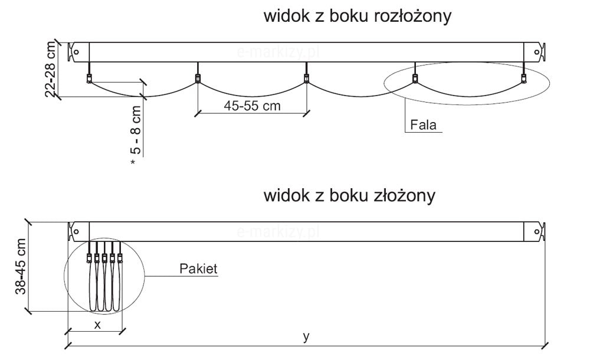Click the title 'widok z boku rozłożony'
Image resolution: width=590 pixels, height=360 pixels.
(357, 17)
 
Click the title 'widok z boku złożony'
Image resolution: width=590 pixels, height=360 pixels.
(349, 195)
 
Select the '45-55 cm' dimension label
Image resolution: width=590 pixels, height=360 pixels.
(252, 106)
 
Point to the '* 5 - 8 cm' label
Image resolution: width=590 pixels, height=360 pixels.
(136, 135)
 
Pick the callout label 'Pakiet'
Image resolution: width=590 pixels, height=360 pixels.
(198, 269)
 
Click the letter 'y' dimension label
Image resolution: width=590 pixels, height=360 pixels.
(306, 337)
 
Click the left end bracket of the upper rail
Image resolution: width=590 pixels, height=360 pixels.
(76, 51)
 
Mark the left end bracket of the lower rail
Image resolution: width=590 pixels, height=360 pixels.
(76, 231)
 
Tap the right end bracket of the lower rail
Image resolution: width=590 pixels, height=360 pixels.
(538, 231)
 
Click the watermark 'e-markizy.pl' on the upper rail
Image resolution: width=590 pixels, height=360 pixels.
(277, 52)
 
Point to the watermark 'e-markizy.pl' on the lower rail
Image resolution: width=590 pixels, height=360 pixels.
(277, 232)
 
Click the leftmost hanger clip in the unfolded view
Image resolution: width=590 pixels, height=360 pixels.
(89, 79)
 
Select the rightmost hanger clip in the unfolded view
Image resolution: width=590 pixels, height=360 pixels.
(523, 79)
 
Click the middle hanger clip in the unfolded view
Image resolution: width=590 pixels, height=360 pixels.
(306, 79)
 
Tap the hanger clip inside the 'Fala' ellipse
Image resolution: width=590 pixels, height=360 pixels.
(415, 79)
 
